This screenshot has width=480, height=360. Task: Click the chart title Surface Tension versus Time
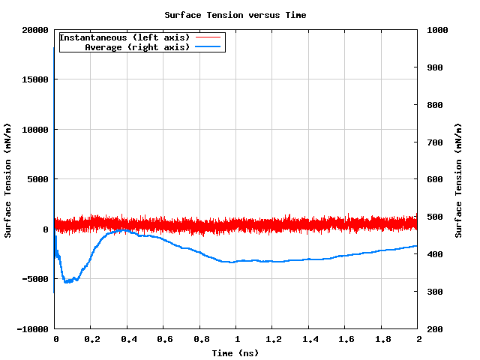point(235,15)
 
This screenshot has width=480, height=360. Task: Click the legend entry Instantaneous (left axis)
point(124,37)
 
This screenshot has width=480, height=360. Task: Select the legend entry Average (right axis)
point(137,47)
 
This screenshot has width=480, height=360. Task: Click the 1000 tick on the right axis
point(436,30)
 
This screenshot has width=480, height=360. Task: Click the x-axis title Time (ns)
point(235,353)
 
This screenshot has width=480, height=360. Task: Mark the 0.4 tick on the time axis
point(128,339)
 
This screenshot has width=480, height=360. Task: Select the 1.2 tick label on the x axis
point(273,339)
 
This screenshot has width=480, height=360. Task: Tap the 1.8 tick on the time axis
point(382,339)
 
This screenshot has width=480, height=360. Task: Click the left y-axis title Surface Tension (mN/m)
point(7,180)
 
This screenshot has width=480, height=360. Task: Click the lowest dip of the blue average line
point(67,282)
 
